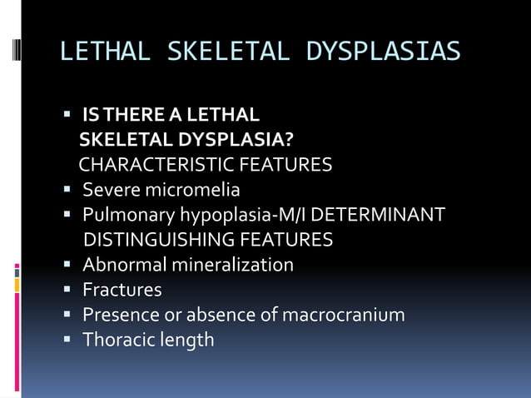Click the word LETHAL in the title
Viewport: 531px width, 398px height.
pos(105,51)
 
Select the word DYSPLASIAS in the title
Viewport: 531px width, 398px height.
pos(383,51)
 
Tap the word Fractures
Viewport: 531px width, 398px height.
pos(122,290)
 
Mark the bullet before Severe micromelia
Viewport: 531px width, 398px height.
pos(68,190)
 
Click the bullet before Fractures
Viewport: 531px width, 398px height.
pos(68,290)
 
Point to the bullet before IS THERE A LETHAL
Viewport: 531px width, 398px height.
pos(68,114)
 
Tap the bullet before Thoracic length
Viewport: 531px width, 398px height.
pos(68,340)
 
